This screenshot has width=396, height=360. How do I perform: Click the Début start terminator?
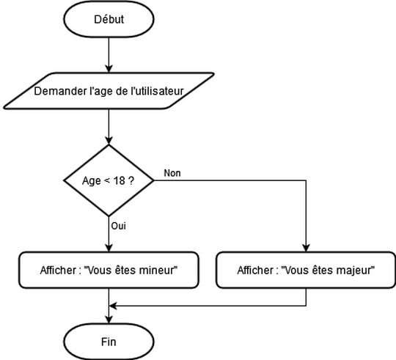109,20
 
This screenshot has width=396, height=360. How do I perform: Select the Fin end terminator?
109,342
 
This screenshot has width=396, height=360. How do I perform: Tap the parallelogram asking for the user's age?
109,92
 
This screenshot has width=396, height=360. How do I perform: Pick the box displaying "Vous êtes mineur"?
109,270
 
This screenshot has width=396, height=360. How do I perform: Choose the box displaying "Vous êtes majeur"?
306,270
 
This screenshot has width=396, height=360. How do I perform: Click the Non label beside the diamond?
172,173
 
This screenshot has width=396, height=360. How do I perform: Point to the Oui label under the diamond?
119,226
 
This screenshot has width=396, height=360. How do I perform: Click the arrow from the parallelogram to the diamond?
109,128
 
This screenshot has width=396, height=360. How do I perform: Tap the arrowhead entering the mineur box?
109,249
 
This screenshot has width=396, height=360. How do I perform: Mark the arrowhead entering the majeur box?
306,249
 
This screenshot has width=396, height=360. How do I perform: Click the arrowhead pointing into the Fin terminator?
109,319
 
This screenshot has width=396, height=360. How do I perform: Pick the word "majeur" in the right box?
355,270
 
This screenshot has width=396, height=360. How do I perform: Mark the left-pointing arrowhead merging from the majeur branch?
114,304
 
